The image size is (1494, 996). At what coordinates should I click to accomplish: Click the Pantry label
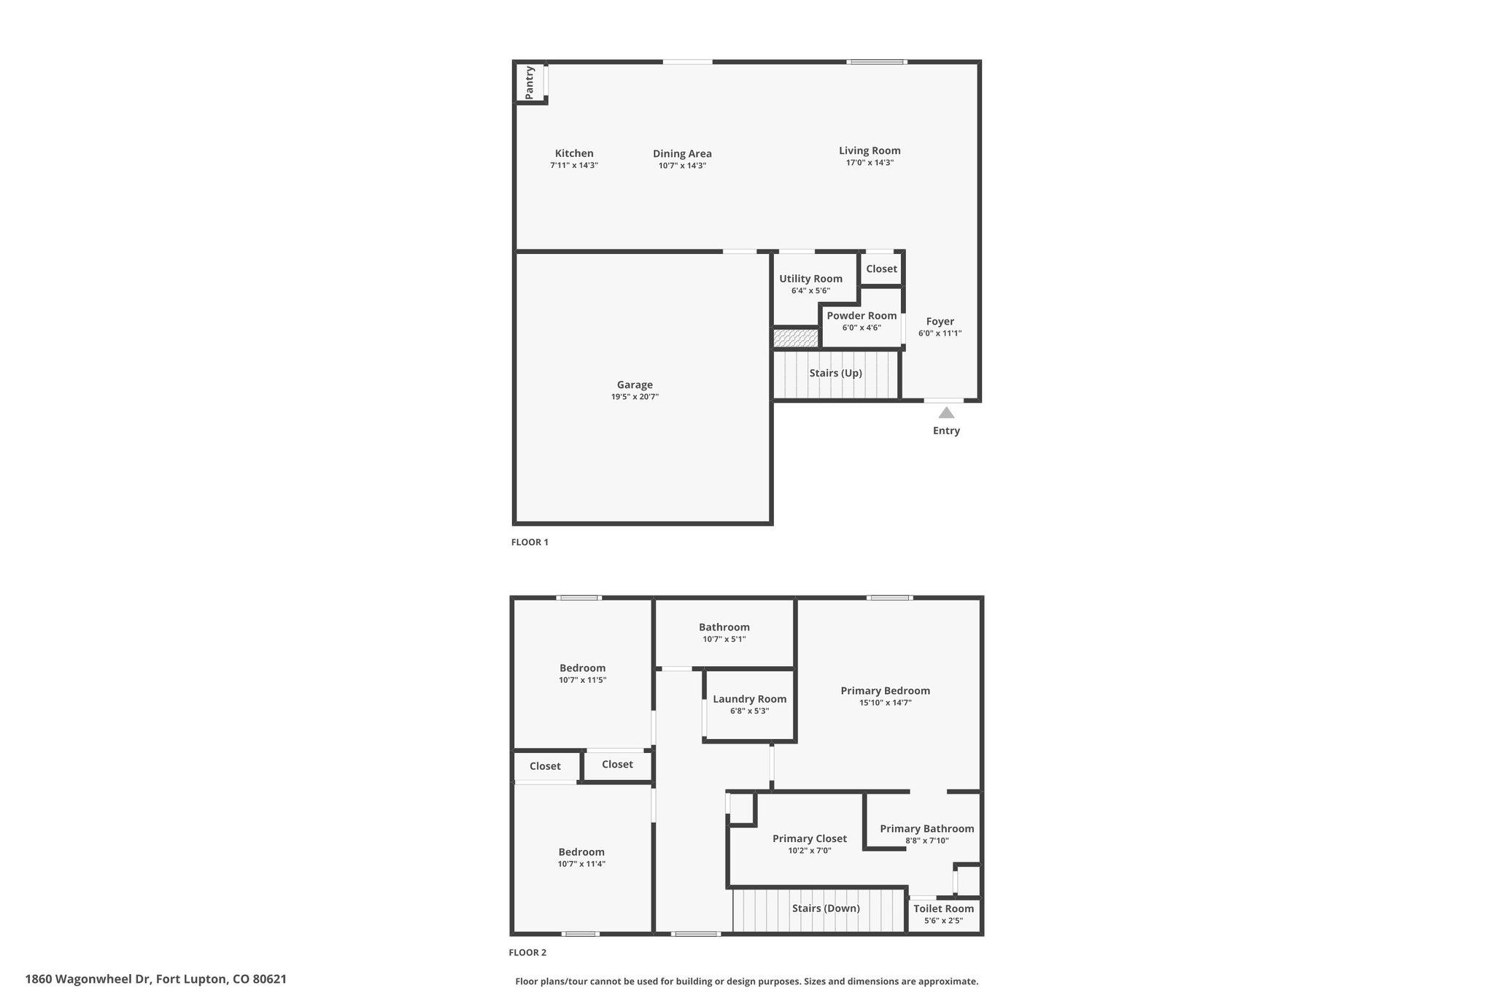click(x=530, y=82)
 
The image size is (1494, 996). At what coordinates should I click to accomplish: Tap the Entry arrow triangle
click(x=946, y=413)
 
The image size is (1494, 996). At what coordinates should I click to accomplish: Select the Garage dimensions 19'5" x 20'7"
click(x=635, y=397)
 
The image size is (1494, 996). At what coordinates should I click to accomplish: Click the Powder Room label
click(x=862, y=316)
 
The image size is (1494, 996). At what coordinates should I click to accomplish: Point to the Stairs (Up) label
click(x=836, y=373)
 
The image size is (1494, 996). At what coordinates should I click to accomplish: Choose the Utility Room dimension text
click(x=810, y=290)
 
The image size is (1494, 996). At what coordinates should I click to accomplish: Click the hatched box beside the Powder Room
click(x=796, y=339)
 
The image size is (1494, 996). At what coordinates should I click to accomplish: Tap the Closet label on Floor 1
click(x=881, y=269)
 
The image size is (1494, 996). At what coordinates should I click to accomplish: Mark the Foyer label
click(x=940, y=321)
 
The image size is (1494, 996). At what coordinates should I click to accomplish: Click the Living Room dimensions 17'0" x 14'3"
click(x=870, y=163)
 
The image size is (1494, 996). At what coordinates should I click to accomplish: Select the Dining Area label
click(x=682, y=154)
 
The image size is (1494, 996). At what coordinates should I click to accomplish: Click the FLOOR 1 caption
click(x=530, y=542)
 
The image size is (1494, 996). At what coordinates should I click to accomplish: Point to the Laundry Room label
click(x=750, y=699)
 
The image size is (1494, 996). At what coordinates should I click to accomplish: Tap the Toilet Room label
click(x=944, y=908)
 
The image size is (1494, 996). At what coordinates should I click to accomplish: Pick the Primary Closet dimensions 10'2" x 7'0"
click(x=810, y=850)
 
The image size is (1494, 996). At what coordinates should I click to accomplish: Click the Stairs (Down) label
click(x=826, y=908)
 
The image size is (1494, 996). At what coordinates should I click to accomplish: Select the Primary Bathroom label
click(x=927, y=828)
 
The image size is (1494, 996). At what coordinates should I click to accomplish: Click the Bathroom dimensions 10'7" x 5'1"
click(x=724, y=639)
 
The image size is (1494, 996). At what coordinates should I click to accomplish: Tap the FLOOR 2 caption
click(x=527, y=952)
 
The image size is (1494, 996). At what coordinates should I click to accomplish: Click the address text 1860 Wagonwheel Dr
click(x=88, y=979)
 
